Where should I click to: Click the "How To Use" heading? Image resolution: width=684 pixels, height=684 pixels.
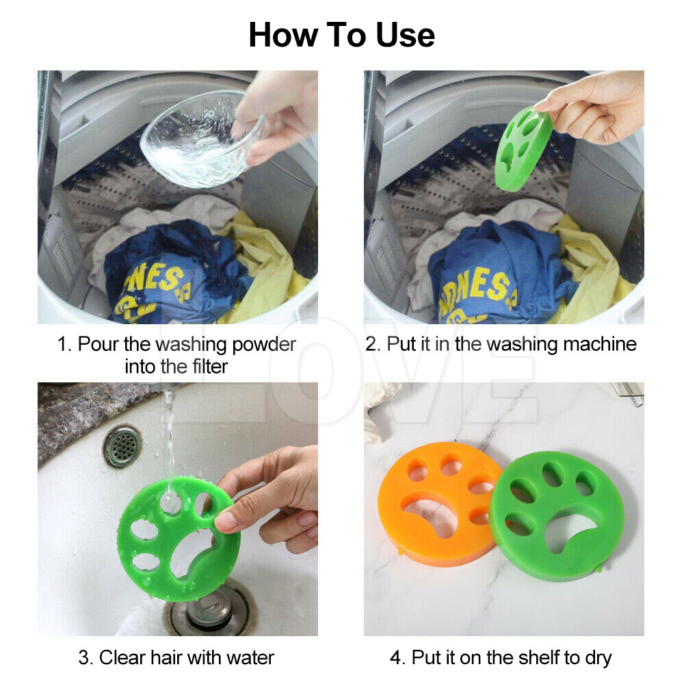341,34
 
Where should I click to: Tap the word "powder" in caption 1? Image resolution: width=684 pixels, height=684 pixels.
263,343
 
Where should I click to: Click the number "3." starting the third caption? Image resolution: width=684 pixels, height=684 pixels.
85,658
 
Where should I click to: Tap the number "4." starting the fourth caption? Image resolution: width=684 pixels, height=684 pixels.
397,658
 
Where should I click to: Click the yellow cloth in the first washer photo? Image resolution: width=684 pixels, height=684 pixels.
263,267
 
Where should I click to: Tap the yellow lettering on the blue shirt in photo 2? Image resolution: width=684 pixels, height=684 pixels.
479,287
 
